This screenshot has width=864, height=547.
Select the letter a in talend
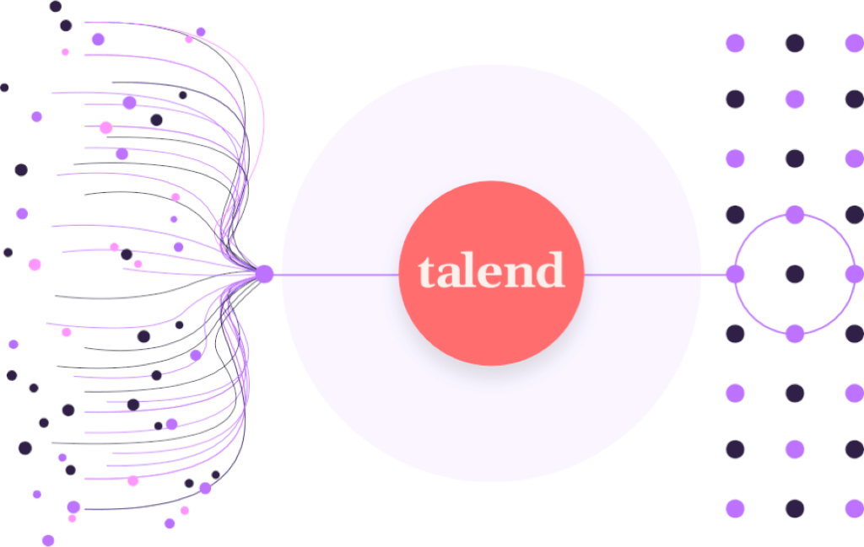click(450, 275)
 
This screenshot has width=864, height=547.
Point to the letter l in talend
click(470, 271)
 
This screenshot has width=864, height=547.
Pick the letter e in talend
click(490, 275)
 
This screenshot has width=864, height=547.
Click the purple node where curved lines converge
click(264, 274)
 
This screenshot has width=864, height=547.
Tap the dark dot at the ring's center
click(795, 274)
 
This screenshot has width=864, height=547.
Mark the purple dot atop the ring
click(795, 215)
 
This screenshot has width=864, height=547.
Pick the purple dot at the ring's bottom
click(795, 334)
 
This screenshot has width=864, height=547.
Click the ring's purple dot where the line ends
click(736, 274)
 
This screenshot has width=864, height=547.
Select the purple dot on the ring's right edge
click(854, 274)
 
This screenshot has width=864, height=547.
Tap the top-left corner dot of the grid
click(736, 43)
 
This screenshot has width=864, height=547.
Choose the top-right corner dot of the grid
click(854, 43)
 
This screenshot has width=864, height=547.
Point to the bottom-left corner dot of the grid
click(736, 508)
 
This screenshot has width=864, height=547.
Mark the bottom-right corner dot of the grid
click(854, 508)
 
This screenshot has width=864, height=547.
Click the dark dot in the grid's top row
click(795, 43)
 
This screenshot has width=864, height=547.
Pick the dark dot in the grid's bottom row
click(795, 508)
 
